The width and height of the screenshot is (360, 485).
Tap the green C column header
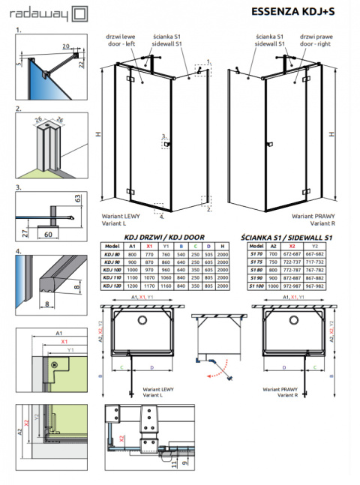pos(195,245)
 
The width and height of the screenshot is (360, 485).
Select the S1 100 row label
pos(256,286)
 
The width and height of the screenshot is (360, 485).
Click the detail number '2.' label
pos(17,109)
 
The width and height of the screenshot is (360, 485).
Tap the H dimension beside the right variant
pos(331,134)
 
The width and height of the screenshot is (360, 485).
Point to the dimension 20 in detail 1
pos(65,45)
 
